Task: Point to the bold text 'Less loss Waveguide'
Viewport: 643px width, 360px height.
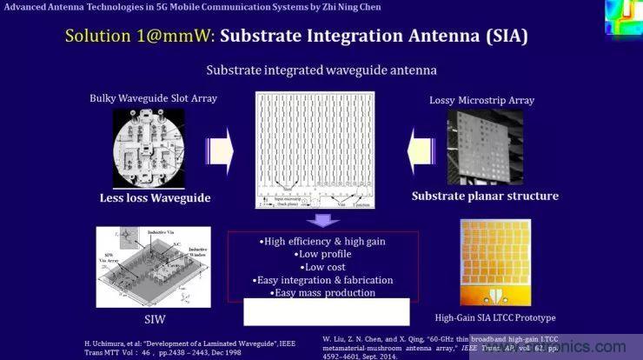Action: coord(154,198)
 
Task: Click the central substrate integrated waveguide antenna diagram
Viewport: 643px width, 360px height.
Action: coord(322,148)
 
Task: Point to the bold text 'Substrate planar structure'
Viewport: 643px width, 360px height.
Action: coord(485,196)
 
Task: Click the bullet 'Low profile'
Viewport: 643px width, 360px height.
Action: coord(322,254)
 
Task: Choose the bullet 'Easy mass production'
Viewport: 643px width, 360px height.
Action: coord(322,293)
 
